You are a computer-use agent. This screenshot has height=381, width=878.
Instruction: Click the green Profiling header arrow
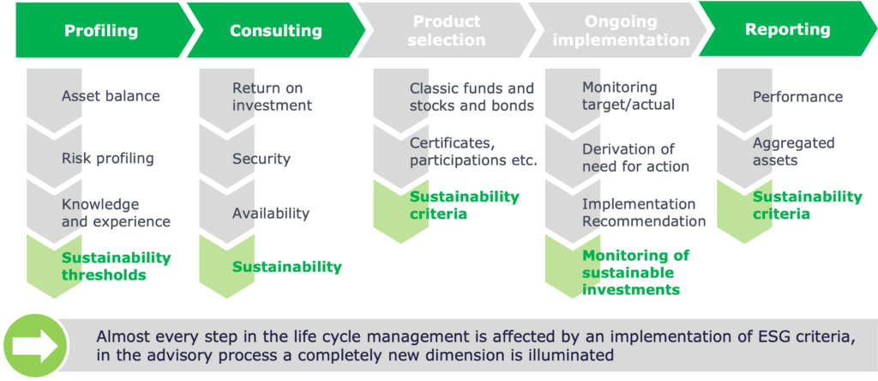pyautogui.click(x=101, y=30)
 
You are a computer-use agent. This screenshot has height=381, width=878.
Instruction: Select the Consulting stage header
pyautogui.click(x=275, y=30)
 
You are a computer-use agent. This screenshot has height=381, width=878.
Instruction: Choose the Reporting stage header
pyautogui.click(x=787, y=30)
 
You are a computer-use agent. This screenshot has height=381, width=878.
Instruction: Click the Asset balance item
pyautogui.click(x=111, y=96)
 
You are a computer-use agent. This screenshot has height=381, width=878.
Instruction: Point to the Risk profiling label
pyautogui.click(x=107, y=158)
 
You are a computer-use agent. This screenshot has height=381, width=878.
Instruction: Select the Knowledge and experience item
pyautogui.click(x=116, y=213)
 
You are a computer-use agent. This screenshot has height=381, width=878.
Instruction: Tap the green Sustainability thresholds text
pyautogui.click(x=116, y=266)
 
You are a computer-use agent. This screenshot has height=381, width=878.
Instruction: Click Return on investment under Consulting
pyautogui.click(x=272, y=96)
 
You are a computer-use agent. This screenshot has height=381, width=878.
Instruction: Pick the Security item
pyautogui.click(x=262, y=159)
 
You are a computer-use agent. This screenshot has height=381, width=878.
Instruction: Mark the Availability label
pyautogui.click(x=270, y=214)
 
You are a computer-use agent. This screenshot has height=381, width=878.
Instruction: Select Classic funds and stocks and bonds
pyautogui.click(x=472, y=96)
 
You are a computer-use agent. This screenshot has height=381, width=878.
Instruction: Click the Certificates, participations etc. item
pyautogui.click(x=473, y=152)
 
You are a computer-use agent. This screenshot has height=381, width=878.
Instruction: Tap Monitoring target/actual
pyautogui.click(x=628, y=95)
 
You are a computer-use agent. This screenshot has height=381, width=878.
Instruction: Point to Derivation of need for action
pyautogui.click(x=635, y=158)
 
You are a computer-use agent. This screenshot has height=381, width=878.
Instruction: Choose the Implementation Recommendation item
pyautogui.click(x=644, y=212)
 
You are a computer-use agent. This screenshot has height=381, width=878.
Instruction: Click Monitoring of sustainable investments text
pyautogui.click(x=635, y=272)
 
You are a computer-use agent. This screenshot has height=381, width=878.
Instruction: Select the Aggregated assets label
pyautogui.click(x=793, y=151)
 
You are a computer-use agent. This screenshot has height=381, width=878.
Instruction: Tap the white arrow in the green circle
pyautogui.click(x=35, y=346)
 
